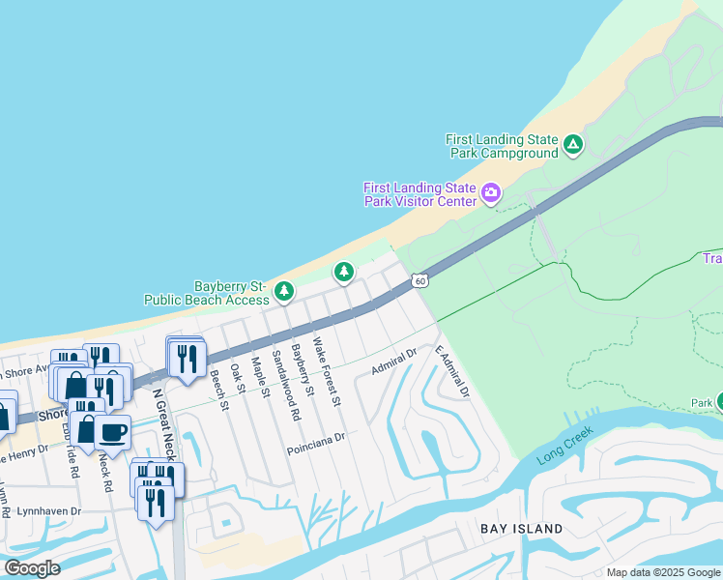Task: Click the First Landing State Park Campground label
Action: pyautogui.click(x=502, y=146)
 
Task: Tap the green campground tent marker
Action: pyautogui.click(x=573, y=146)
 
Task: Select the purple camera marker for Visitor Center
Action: pyautogui.click(x=491, y=193)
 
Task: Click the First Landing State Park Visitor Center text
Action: pyautogui.click(x=420, y=194)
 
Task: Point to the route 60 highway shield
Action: pyautogui.click(x=418, y=280)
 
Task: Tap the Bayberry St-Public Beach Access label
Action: pyautogui.click(x=206, y=293)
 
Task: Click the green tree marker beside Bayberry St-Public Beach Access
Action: pyautogui.click(x=283, y=290)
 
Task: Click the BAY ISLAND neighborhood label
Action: pyautogui.click(x=522, y=529)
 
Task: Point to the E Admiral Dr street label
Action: pyautogui.click(x=451, y=372)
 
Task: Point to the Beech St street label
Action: pyautogui.click(x=218, y=390)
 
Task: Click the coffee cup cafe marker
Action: pyautogui.click(x=112, y=433)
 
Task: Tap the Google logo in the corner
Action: pyautogui.click(x=32, y=568)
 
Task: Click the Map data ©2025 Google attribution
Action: pyautogui.click(x=662, y=572)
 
